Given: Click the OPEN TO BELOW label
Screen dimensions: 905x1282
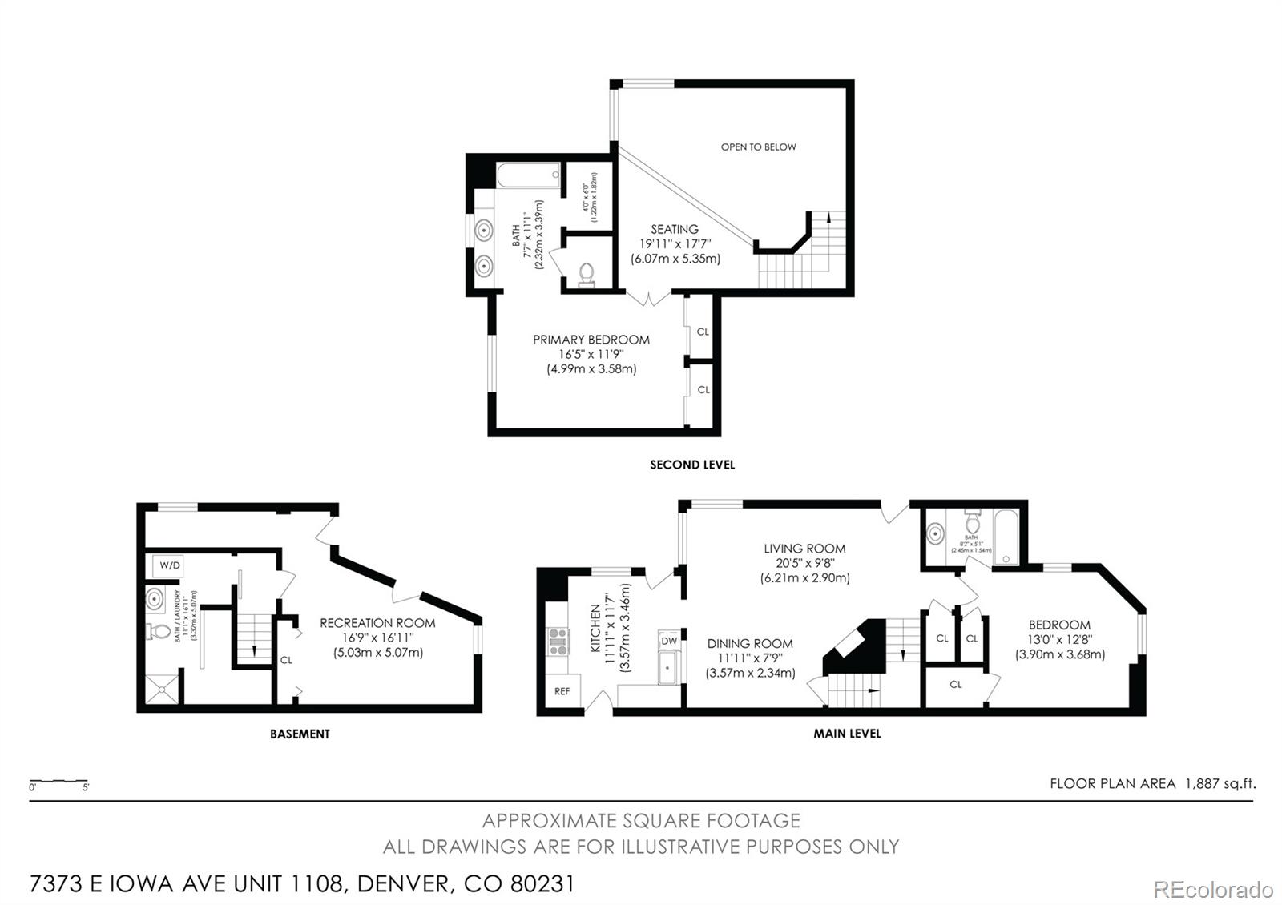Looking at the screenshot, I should (758, 147).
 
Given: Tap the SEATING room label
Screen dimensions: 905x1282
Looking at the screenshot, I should (674, 230).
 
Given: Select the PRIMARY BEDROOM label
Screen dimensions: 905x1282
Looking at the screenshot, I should (591, 340).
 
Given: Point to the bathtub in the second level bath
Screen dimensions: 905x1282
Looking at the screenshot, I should (528, 175).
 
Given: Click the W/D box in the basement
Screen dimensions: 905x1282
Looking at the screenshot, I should (170, 565).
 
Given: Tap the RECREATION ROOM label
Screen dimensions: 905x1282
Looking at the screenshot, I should (377, 623).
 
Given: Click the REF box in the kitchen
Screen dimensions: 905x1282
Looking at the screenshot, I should (562, 691).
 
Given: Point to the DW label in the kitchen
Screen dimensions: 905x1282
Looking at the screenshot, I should (669, 642).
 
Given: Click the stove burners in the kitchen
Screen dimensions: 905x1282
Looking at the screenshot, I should (558, 642).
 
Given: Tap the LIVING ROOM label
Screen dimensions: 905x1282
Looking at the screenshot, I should (804, 549).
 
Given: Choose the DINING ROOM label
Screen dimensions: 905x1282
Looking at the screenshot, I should (750, 643).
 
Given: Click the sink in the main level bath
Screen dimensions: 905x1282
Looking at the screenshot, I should (935, 533).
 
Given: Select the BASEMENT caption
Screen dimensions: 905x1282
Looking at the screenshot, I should (300, 734).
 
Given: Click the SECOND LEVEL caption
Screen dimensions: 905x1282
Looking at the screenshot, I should (692, 465).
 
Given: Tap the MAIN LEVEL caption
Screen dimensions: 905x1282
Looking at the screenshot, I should (847, 734).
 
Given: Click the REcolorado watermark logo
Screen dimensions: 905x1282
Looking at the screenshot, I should (1212, 889).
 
